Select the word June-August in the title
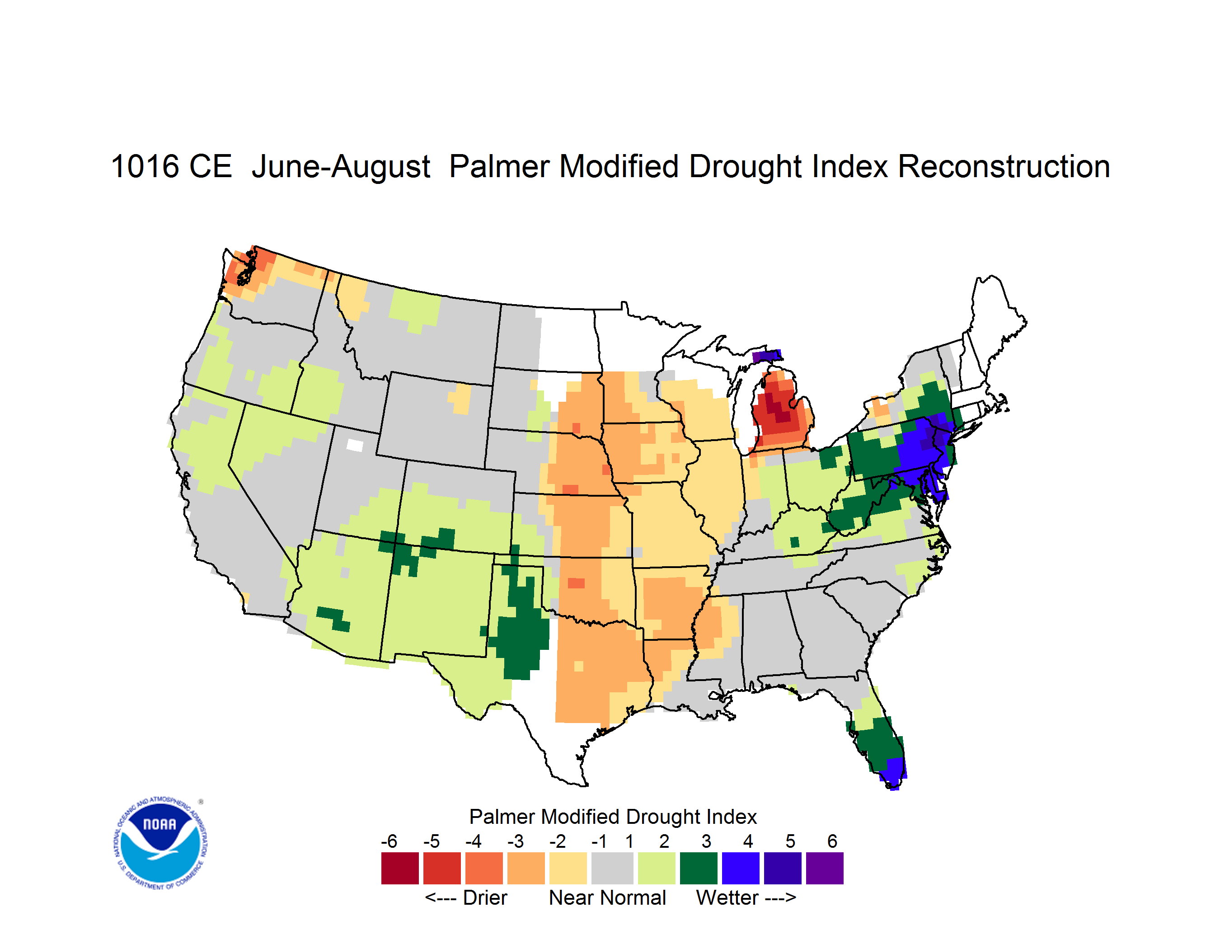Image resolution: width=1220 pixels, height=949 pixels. point(341,168)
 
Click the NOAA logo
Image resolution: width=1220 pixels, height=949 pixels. point(160,843)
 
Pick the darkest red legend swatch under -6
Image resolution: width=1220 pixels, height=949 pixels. point(399,868)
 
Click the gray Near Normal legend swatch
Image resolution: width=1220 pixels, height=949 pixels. point(612,868)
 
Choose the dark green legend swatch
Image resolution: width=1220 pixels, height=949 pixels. point(698,868)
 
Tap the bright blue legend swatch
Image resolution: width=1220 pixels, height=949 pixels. point(740,868)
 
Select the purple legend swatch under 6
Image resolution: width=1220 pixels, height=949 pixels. point(825,868)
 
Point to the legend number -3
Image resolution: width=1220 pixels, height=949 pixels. point(515,841)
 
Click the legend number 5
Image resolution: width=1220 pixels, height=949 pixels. point(790,841)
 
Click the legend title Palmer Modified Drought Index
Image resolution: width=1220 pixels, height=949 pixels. point(613,817)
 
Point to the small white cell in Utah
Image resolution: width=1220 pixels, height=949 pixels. point(355,445)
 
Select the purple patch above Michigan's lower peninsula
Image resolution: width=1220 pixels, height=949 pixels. point(767,356)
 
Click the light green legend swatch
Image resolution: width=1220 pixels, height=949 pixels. point(657,868)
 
